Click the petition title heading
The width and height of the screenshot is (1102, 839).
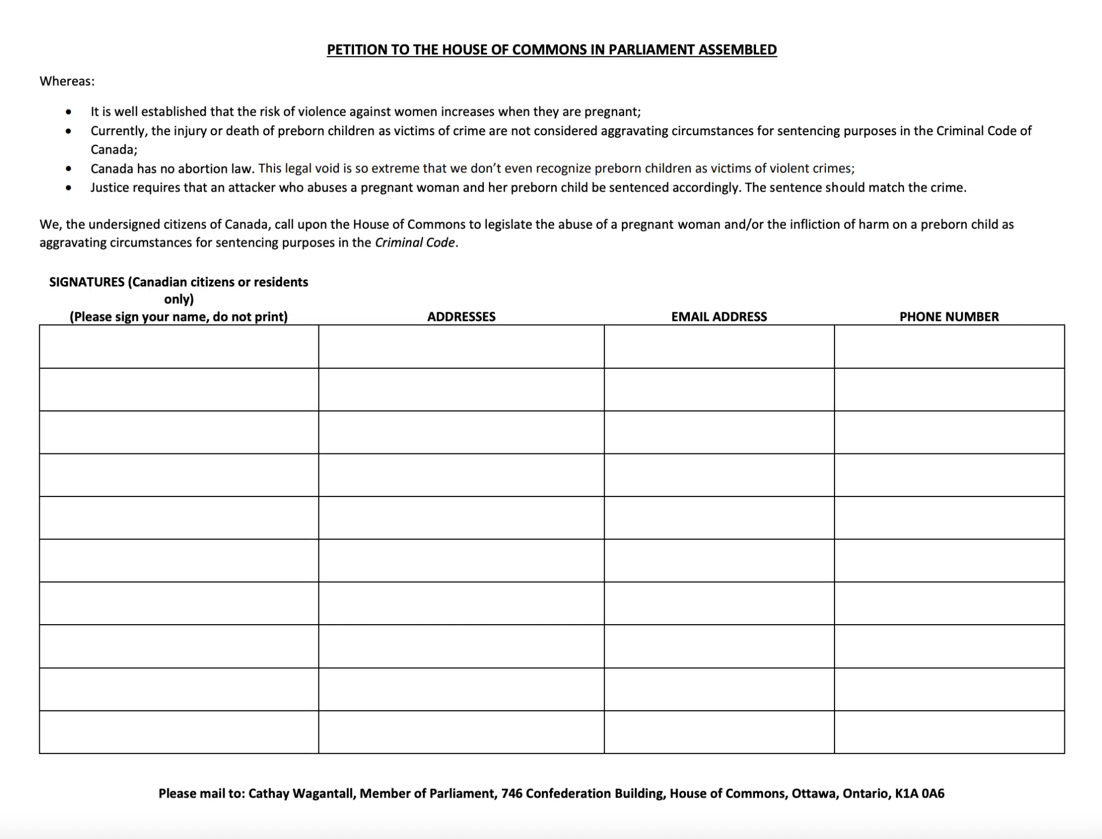pos(552,50)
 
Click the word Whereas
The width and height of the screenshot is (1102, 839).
pos(66,81)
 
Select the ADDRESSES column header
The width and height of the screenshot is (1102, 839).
pos(461,317)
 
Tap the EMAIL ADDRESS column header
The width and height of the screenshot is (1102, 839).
pos(719,317)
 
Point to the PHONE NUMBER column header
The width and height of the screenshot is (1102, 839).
pos(949,317)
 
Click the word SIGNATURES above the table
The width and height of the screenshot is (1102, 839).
pos(87,282)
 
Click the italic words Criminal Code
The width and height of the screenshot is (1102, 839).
pos(415,243)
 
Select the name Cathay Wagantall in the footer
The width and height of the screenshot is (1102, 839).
pos(301,793)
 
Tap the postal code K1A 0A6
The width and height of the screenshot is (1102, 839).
pos(920,793)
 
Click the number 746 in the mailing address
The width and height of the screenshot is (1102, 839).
pos(511,793)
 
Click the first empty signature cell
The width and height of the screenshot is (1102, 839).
pos(179,347)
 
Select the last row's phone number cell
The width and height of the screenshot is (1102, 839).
pos(949,732)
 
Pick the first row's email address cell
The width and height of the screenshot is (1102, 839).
pos(719,347)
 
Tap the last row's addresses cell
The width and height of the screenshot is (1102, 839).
pos(461,732)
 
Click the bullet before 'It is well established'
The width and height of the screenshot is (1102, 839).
pos(68,112)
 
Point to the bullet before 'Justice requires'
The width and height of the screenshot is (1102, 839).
pos(68,188)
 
